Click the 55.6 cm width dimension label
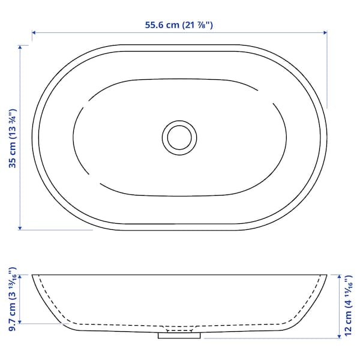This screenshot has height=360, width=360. pos(179,25)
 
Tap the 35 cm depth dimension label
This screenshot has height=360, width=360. pos(13,139)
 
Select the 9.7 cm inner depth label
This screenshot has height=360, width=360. pos(13,299)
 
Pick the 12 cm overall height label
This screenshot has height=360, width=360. pos(348,306)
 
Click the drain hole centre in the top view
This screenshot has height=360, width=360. pos(179,138)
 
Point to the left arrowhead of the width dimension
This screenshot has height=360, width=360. pos(34,32)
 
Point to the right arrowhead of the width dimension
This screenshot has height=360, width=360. pos(325,32)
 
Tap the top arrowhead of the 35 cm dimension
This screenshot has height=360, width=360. pos(20,47)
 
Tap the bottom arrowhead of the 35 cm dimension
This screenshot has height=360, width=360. pos(20,228)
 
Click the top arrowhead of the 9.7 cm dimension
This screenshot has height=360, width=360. pos(20,277)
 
